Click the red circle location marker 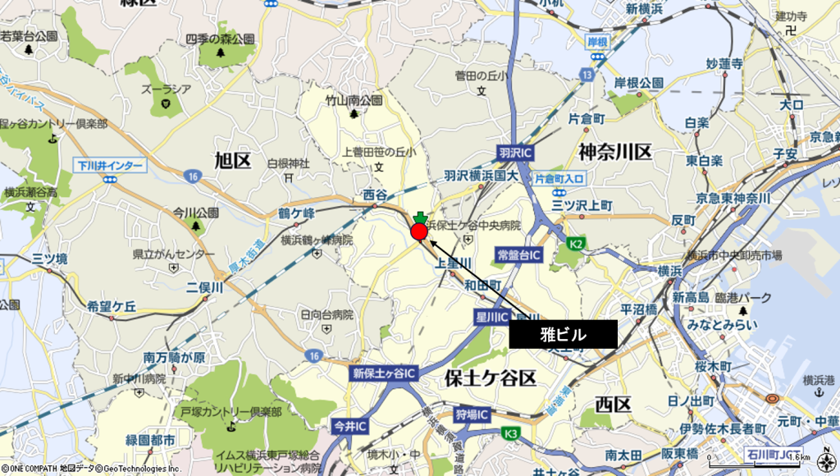(x=419, y=232)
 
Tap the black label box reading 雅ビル (x=563, y=334)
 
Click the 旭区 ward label (x=232, y=160)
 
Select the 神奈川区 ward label (x=614, y=152)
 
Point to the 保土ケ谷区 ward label (x=490, y=378)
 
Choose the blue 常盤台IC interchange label (x=518, y=256)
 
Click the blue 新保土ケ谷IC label (x=385, y=373)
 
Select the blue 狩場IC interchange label (x=472, y=414)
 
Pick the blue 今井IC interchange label (x=350, y=427)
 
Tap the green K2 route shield (x=576, y=243)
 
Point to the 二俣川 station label (x=204, y=287)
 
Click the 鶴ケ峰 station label (x=296, y=213)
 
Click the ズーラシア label (x=166, y=89)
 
